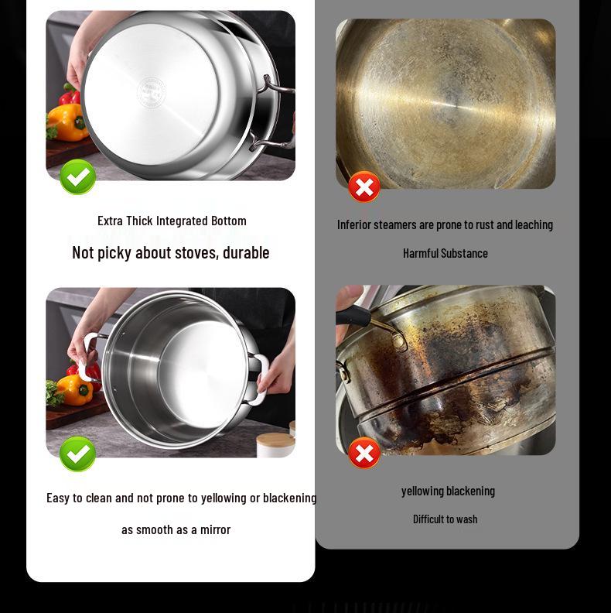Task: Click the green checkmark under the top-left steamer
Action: click(78, 177)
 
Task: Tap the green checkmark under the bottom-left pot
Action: click(77, 454)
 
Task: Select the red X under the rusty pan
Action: click(364, 187)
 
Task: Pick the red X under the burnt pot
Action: click(364, 453)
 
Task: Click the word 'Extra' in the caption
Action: click(111, 221)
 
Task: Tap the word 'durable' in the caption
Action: click(246, 252)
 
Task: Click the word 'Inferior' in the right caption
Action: click(354, 224)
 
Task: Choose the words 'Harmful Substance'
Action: click(445, 253)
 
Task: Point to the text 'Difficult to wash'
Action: click(445, 519)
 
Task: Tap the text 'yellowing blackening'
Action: click(448, 491)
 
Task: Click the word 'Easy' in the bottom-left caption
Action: click(57, 498)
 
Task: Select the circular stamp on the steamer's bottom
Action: click(151, 92)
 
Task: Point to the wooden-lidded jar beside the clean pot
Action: click(275, 444)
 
